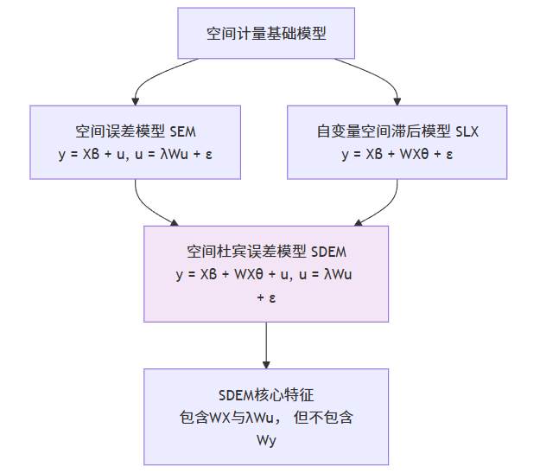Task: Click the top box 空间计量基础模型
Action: [x=265, y=34]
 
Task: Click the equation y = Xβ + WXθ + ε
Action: [x=397, y=155]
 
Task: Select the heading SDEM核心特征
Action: [x=265, y=396]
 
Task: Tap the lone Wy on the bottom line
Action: [x=265, y=440]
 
